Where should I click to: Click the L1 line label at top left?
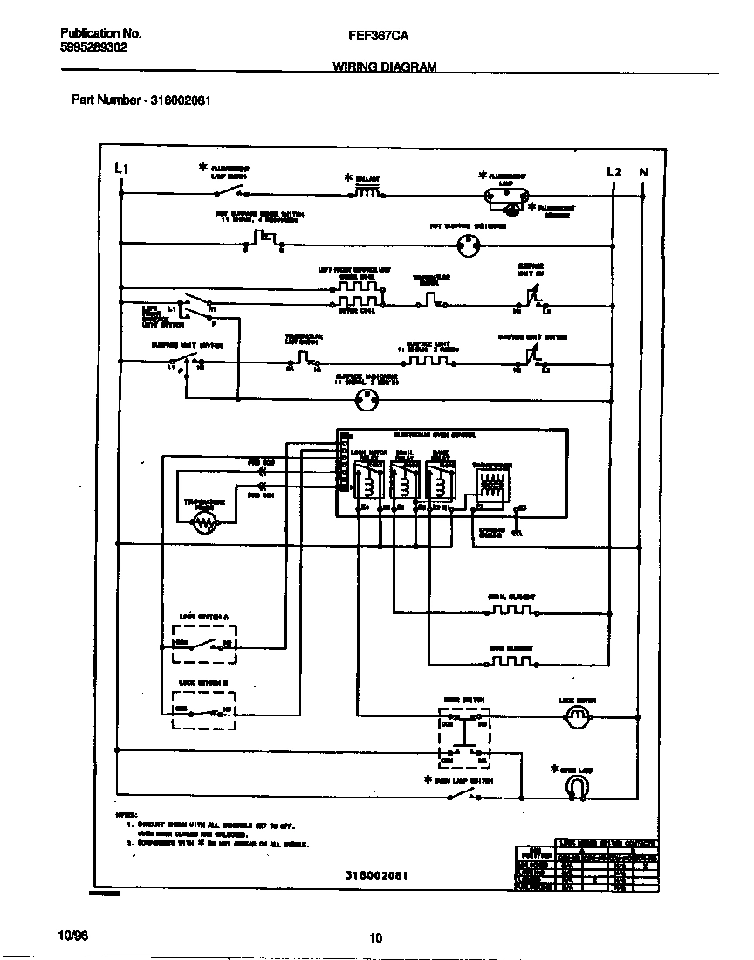click(x=122, y=169)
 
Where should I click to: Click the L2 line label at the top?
click(x=613, y=172)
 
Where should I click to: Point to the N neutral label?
click(x=643, y=172)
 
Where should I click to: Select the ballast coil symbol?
click(x=367, y=192)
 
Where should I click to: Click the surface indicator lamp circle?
click(x=366, y=400)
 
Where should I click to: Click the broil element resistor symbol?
click(x=511, y=610)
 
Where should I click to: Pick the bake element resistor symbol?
click(x=511, y=660)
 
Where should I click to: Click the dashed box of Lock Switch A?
click(x=204, y=646)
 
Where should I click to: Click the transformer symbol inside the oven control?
click(x=489, y=486)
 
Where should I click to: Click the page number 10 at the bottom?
click(x=376, y=939)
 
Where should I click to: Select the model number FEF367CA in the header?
click(x=377, y=35)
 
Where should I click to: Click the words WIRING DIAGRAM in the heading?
click(x=385, y=66)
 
